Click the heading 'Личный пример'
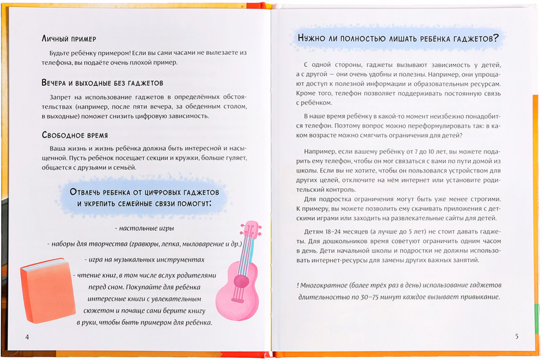click(68, 40)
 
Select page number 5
click(517, 336)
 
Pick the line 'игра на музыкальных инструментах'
click(145, 260)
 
